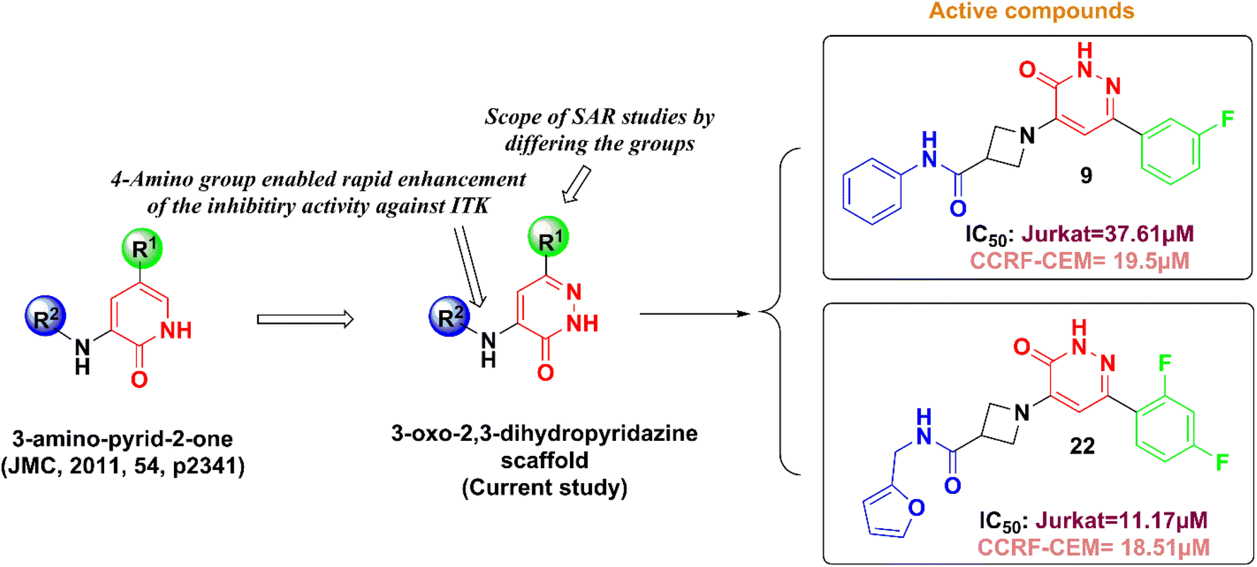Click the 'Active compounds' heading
[x=1031, y=11]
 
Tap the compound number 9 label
[x=1086, y=175]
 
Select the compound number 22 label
[x=1082, y=445]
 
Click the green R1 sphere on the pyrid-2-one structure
[x=142, y=248]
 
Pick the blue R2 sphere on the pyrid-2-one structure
[x=45, y=316]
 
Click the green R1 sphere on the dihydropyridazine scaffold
[x=548, y=237]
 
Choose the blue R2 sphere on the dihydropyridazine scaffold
[x=450, y=316]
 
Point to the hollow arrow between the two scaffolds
[x=305, y=319]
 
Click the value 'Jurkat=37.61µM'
[x=1108, y=233]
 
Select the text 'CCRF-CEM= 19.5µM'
[x=1079, y=261]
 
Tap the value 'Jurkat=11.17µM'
[x=1121, y=520]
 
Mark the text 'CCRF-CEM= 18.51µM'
[x=1093, y=547]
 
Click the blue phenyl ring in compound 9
[x=872, y=191]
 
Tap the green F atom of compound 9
[x=1227, y=119]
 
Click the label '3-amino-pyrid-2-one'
[x=122, y=439]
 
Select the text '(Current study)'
[x=544, y=487]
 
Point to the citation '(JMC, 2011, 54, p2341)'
[x=122, y=465]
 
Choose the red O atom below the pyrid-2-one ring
[x=139, y=380]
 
